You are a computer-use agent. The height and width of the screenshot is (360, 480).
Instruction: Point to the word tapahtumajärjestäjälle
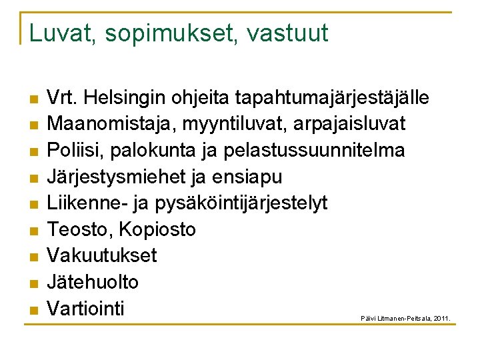pyautogui.click(x=331, y=99)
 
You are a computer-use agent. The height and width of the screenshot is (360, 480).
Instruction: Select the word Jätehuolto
pyautogui.click(x=93, y=282)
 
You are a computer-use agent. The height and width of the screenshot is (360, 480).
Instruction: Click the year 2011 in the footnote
pyautogui.click(x=441, y=319)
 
